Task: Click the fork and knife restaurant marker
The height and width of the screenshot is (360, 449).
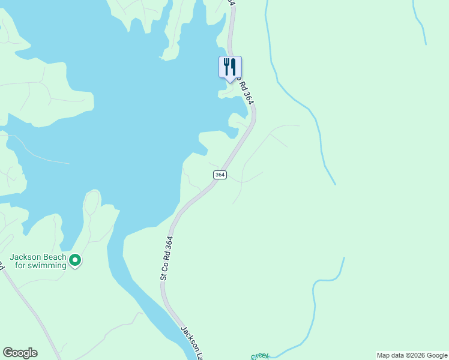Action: click(x=229, y=67)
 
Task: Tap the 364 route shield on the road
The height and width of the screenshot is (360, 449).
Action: click(x=220, y=175)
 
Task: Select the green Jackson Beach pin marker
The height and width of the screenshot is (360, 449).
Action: click(x=75, y=260)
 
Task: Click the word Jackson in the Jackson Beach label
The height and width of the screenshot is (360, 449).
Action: click(x=24, y=257)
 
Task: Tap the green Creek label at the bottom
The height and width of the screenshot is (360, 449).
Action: click(x=260, y=356)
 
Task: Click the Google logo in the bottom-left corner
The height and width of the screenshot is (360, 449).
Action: click(x=20, y=353)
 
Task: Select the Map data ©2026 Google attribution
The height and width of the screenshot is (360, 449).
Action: click(x=412, y=355)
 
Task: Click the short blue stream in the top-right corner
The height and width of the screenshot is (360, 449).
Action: click(x=419, y=24)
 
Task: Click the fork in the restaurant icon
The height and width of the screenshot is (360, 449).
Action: click(x=226, y=65)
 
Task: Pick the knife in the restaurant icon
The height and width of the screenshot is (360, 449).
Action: click(x=233, y=65)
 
